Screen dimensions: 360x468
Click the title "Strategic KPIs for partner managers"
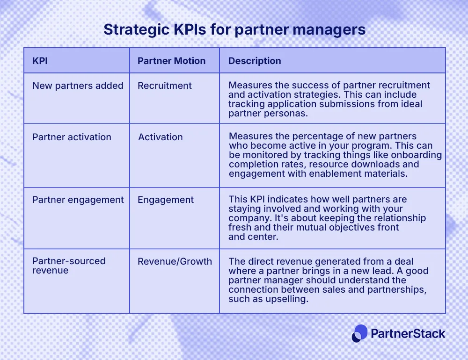pyautogui.click(x=234, y=29)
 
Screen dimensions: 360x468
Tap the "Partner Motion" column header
pyautogui.click(x=171, y=61)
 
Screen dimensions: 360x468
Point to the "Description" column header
pyautogui.click(x=255, y=61)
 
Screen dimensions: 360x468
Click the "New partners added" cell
pyautogui.click(x=78, y=86)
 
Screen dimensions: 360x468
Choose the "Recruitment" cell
pyautogui.click(x=165, y=86)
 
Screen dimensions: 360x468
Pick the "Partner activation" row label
pyautogui.click(x=72, y=137)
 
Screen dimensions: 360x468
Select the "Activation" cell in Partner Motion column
pyautogui.click(x=161, y=137)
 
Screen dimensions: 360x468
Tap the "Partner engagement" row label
pyautogui.click(x=78, y=200)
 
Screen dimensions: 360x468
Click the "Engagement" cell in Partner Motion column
pyautogui.click(x=166, y=200)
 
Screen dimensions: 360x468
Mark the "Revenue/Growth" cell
pyautogui.click(x=175, y=261)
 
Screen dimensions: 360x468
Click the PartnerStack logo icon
pyautogui.click(x=360, y=333)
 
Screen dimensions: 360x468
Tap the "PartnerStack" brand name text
pyautogui.click(x=408, y=333)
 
